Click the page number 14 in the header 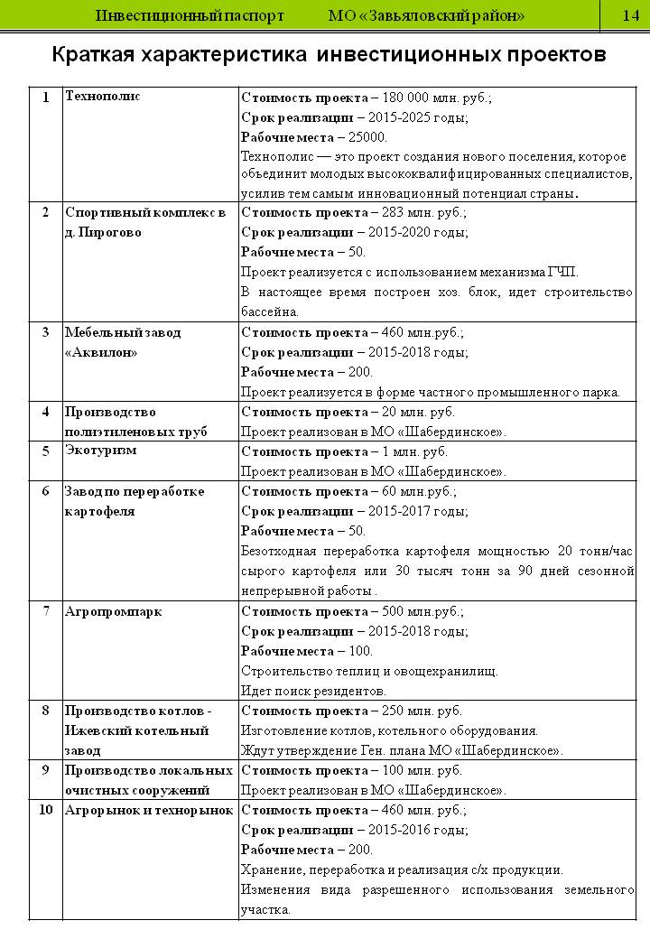coord(630,16)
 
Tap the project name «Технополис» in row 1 coord(103,96)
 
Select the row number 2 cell coord(45,213)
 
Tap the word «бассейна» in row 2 coord(269,312)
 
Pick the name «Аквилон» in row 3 coord(101,352)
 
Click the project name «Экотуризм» coord(101,451)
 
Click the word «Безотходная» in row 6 coord(279,551)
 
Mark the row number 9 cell coord(45,770)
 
